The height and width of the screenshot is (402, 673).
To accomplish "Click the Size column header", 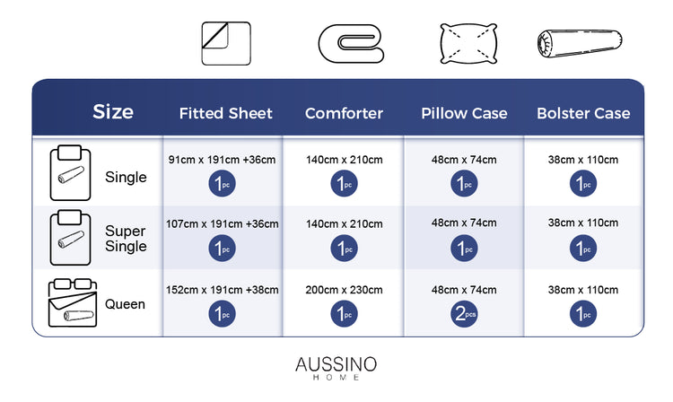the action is [x=113, y=112].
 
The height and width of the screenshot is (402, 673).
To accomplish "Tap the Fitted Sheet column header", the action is [x=226, y=113].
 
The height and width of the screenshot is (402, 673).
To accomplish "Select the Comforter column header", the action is [x=344, y=113].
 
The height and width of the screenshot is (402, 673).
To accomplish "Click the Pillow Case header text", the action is [x=464, y=113].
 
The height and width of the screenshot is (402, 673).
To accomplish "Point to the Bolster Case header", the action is [x=583, y=113].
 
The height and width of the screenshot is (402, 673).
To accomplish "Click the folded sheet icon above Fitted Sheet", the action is [x=226, y=44].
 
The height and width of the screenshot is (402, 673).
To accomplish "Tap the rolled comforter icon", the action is [x=351, y=44].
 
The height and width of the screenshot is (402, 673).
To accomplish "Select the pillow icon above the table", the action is [x=468, y=44].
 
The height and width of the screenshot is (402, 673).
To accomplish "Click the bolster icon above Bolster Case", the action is [x=580, y=43].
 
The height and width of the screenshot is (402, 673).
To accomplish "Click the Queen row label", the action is [x=125, y=304].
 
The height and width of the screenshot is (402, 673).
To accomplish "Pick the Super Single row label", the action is [x=126, y=239].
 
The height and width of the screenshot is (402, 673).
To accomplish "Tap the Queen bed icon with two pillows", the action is [x=73, y=303].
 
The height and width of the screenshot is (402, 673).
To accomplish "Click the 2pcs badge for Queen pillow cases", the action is [x=464, y=314].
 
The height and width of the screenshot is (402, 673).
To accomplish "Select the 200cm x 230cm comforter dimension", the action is [x=344, y=290].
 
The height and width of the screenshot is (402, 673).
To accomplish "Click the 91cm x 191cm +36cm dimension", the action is [x=222, y=160].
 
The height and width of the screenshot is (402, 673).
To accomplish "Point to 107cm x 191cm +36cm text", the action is [x=222, y=224].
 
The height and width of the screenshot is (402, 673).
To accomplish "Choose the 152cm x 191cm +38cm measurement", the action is [x=222, y=290].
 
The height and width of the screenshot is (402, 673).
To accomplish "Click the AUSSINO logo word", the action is [x=336, y=364].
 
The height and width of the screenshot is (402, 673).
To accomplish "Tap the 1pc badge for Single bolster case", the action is [x=583, y=184].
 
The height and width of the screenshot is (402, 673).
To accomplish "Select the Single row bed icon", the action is [x=70, y=173].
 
